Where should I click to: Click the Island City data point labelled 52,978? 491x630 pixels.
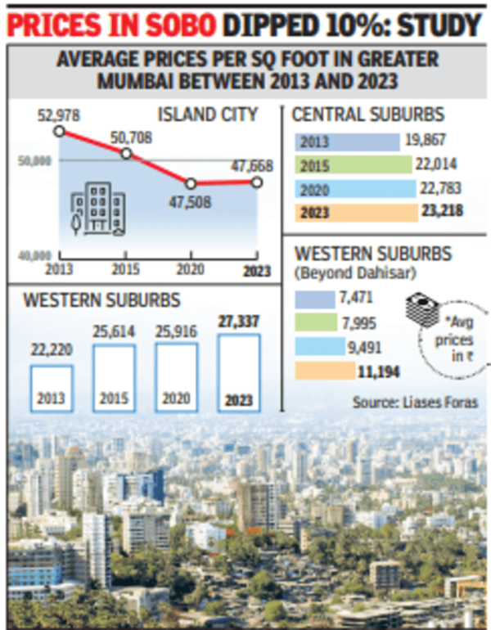click(x=58, y=131)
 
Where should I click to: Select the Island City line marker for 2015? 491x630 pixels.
click(x=126, y=154)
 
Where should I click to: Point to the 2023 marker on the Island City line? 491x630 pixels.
click(x=257, y=182)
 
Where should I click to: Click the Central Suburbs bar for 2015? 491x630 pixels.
click(x=353, y=165)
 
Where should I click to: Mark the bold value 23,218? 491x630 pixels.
click(x=443, y=211)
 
